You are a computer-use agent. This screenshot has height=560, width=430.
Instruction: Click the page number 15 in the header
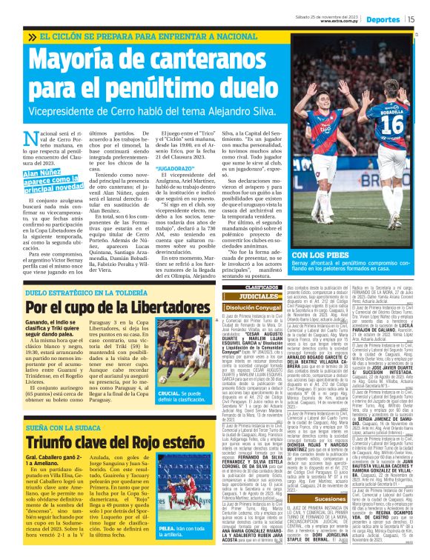(411, 19)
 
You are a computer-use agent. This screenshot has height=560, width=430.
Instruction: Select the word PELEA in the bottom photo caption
(167, 528)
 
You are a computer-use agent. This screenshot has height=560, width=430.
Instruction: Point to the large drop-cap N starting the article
(30, 139)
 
